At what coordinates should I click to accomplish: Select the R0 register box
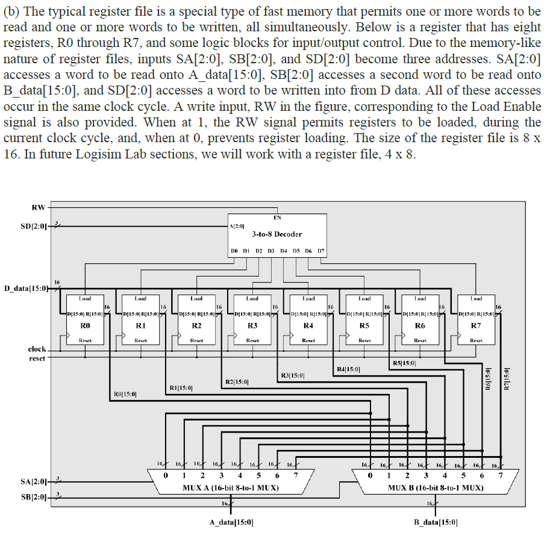85,319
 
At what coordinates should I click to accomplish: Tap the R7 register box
476,319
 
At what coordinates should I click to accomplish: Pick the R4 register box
308,319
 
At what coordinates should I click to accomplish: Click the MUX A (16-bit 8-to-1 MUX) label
231,487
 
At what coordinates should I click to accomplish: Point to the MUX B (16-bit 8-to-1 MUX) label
436,487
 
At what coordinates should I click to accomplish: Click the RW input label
38,207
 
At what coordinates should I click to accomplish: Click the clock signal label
37,349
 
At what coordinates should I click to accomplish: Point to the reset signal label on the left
37,358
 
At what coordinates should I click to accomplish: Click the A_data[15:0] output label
231,522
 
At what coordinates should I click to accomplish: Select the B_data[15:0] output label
436,522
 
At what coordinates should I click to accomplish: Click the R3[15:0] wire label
292,376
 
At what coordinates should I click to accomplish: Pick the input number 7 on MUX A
295,476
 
